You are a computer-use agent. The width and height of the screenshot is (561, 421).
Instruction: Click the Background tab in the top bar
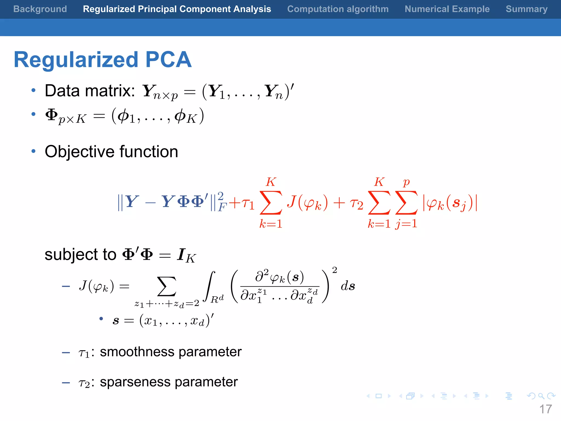tap(40, 9)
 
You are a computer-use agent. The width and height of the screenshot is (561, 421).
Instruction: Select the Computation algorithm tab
tap(338, 9)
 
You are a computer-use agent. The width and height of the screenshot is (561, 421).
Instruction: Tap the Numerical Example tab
tap(447, 9)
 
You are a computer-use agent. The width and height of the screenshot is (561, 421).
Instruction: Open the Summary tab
tap(526, 9)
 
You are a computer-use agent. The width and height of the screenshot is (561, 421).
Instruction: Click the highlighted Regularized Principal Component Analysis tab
tap(177, 9)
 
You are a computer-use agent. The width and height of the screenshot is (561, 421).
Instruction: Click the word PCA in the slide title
tap(168, 59)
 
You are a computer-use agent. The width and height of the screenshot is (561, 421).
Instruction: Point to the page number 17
tap(545, 409)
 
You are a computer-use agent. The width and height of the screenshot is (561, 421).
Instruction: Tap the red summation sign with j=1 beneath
tap(407, 203)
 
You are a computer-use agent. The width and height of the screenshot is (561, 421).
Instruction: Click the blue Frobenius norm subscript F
tap(222, 207)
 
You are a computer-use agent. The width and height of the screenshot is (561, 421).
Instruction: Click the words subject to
tap(81, 254)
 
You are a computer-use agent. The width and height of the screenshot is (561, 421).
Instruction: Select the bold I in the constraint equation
tap(181, 254)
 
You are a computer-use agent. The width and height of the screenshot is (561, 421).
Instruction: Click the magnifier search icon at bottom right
tap(541, 396)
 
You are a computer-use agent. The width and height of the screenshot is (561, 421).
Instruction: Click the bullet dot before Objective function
tap(33, 151)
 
